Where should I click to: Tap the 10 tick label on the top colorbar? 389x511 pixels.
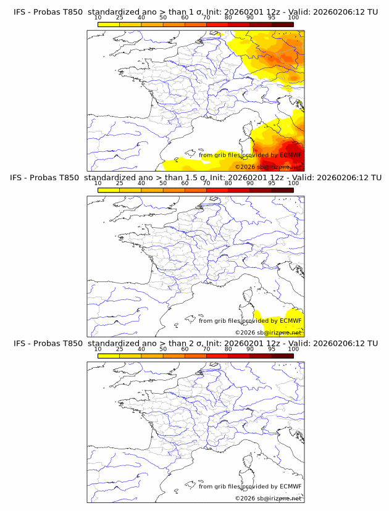pyautogui.click(x=98, y=17)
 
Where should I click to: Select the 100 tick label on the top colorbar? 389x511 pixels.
pyautogui.click(x=293, y=17)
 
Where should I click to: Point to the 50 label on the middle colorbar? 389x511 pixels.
pyautogui.click(x=163, y=183)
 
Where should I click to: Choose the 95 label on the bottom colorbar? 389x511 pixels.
pyautogui.click(x=271, y=349)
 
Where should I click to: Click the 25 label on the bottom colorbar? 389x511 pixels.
pyautogui.click(x=119, y=349)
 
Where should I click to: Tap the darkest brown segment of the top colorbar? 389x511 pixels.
pyautogui.click(x=282, y=24)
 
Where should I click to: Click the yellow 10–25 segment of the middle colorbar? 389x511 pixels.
pyautogui.click(x=109, y=190)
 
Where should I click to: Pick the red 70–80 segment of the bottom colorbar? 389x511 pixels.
pyautogui.click(x=217, y=355)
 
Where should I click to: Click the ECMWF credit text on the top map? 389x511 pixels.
pyautogui.click(x=250, y=156)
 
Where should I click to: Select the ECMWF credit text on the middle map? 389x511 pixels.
pyautogui.click(x=250, y=321)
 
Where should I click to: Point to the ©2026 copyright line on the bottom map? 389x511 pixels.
pyautogui.click(x=268, y=497)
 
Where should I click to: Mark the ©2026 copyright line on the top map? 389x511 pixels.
pyautogui.click(x=268, y=167)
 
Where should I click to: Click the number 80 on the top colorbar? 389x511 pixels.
pyautogui.click(x=228, y=17)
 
